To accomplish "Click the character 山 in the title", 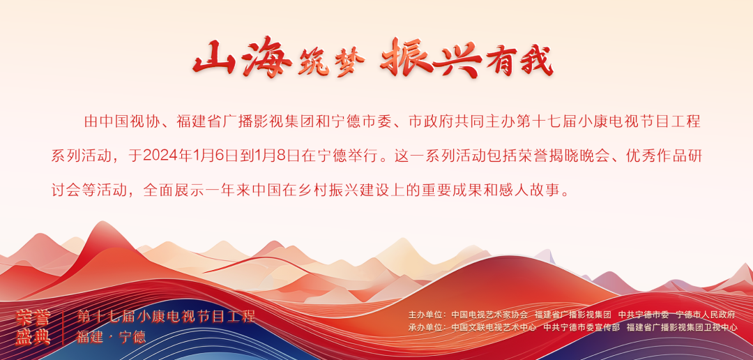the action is pyautogui.click(x=215, y=59).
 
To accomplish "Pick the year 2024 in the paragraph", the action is pyautogui.click(x=160, y=156).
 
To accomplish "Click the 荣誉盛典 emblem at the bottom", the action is pyautogui.click(x=33, y=327).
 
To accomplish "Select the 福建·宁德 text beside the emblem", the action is pyautogui.click(x=111, y=337).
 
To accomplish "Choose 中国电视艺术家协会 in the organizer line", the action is pyautogui.click(x=489, y=315).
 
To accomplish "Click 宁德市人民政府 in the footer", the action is pyautogui.click(x=706, y=315).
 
